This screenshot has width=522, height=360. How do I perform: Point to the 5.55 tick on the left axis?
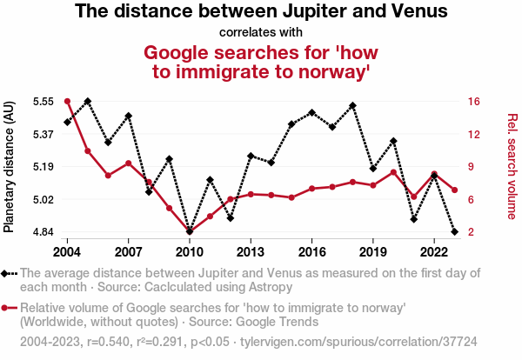42,101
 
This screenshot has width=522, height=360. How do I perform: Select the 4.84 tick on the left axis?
42,232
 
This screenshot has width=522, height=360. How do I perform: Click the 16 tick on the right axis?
472,101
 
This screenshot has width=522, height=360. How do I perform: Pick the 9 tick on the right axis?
470,166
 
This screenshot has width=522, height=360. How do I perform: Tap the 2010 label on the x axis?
189,251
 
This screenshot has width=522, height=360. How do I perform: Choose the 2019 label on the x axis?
373,251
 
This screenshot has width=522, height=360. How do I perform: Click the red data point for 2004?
67,102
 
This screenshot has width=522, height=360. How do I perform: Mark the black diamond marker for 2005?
88,102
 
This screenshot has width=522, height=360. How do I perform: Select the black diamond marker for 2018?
352,105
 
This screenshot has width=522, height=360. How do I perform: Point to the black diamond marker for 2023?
455,232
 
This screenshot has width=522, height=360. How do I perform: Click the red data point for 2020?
393,172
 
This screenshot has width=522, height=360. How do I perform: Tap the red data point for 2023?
455,190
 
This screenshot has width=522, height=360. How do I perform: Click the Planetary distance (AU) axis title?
10,167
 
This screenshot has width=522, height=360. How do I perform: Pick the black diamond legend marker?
10,273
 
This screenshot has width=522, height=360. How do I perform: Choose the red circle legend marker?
10,308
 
